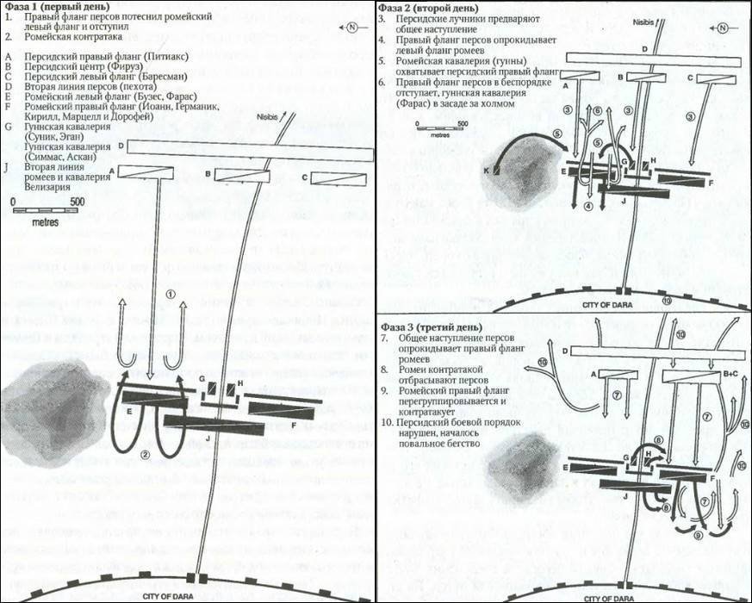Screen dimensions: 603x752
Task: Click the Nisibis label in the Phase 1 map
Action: point(270,116)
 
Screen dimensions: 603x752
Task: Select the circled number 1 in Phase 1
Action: point(171,294)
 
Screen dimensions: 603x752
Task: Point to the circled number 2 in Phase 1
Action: point(146,454)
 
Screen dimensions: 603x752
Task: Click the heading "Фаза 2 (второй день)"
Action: point(426,7)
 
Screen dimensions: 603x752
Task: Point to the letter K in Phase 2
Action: point(486,172)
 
